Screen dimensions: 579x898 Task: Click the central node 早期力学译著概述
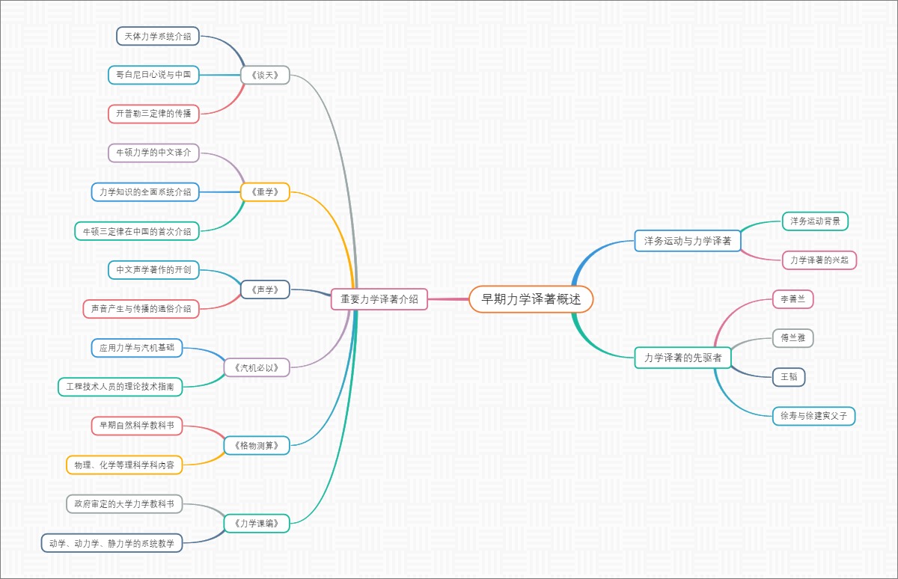click(x=531, y=299)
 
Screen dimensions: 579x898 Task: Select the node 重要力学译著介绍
click(x=379, y=299)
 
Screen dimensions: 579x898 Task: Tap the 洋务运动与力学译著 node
click(x=687, y=241)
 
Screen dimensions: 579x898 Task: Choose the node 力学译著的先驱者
click(x=682, y=358)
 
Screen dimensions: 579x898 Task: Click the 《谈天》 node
click(x=265, y=75)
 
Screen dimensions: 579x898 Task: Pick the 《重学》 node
click(x=265, y=192)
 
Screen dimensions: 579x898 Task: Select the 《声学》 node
click(x=265, y=289)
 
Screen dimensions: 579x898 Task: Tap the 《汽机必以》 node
click(x=257, y=367)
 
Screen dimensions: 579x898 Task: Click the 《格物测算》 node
click(x=257, y=446)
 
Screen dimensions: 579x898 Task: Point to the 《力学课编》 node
click(x=257, y=524)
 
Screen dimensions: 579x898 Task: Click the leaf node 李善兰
click(x=792, y=299)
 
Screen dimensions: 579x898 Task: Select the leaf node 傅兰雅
click(x=792, y=338)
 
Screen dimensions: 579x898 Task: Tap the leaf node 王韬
click(x=789, y=377)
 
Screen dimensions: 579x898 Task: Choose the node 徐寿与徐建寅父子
click(x=813, y=416)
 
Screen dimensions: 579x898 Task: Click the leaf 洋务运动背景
click(x=815, y=221)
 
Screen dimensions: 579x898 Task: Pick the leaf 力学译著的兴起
click(x=819, y=260)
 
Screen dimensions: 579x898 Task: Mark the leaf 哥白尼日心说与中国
click(x=153, y=75)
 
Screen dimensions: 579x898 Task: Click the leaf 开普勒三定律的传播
click(x=153, y=114)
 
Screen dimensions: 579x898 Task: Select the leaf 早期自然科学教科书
click(x=136, y=426)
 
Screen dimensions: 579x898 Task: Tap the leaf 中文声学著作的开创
click(x=153, y=270)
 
